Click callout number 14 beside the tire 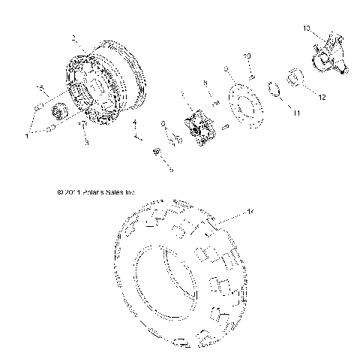[251, 213]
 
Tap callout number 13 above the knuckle [306, 28]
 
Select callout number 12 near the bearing [322, 97]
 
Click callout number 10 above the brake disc [248, 57]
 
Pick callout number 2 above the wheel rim [73, 38]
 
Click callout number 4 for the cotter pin [135, 122]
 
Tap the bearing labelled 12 [294, 77]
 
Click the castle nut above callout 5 [157, 152]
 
